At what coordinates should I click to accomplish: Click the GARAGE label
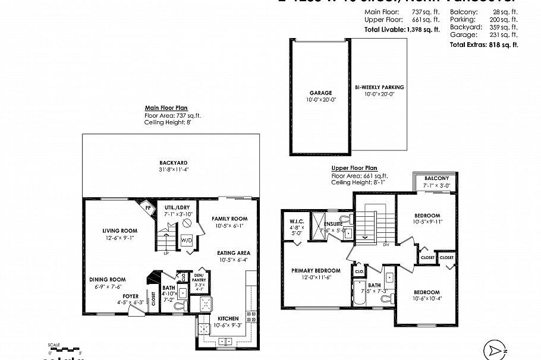pyautogui.click(x=320, y=93)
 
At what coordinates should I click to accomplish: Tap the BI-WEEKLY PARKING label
pyautogui.click(x=379, y=87)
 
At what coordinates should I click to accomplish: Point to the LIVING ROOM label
pyautogui.click(x=119, y=230)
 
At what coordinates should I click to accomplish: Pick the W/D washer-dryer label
pyautogui.click(x=186, y=241)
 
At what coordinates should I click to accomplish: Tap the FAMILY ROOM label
pyautogui.click(x=229, y=219)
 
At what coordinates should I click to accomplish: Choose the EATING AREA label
pyautogui.click(x=234, y=252)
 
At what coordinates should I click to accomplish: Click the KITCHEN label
pyautogui.click(x=229, y=318)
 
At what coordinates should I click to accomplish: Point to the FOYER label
pyautogui.click(x=131, y=295)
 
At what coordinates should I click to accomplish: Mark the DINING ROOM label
pyautogui.click(x=108, y=279)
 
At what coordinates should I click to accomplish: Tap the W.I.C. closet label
pyautogui.click(x=297, y=221)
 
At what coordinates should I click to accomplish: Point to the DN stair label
pyautogui.click(x=385, y=244)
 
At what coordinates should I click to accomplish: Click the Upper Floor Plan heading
pyautogui.click(x=354, y=168)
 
